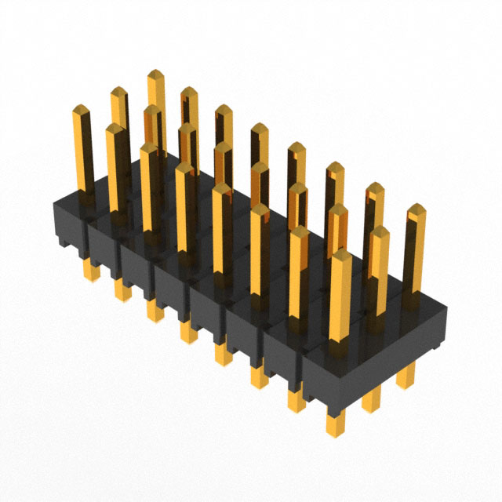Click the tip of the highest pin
click(x=155, y=76)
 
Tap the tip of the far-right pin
click(x=415, y=210)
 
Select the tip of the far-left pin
click(x=82, y=111)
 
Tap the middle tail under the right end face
click(x=370, y=402)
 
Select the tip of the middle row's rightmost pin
click(x=380, y=233)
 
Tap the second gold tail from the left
click(x=122, y=289)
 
